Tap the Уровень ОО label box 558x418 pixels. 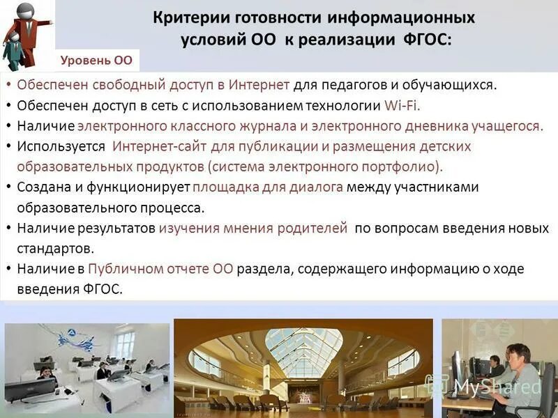point(96,60)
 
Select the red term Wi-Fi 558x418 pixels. point(402,106)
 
